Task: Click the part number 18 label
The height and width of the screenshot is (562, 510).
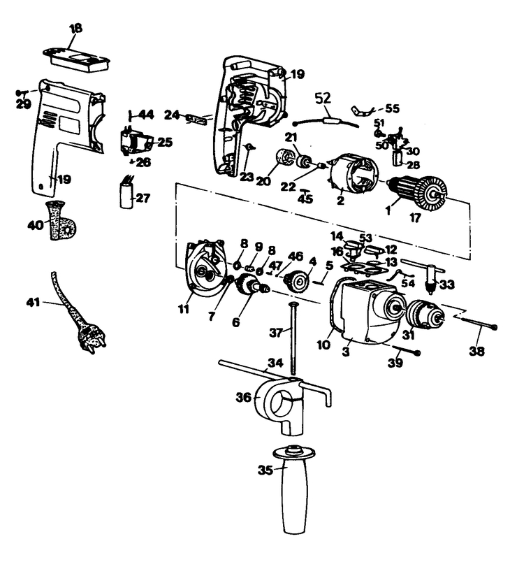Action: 75,29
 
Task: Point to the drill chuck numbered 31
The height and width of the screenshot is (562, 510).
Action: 425,315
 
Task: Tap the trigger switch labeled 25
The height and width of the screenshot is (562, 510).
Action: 134,142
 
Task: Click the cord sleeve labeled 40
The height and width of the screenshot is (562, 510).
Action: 62,221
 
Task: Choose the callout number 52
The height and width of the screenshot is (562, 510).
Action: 323,98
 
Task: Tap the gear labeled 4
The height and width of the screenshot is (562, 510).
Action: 297,282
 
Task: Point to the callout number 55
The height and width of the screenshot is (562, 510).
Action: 393,108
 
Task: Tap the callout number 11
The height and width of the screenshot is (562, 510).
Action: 184,309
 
